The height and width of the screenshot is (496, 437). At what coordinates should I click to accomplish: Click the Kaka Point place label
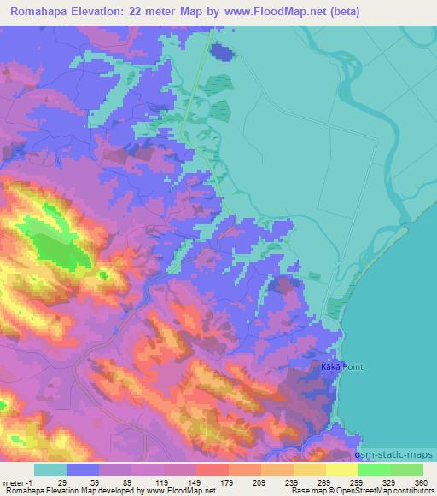click(341, 366)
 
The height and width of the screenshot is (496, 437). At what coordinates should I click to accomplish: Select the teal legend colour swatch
click(50, 470)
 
